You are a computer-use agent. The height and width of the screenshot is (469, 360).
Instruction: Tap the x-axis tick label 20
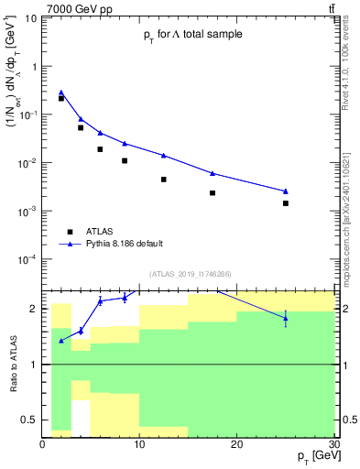237,443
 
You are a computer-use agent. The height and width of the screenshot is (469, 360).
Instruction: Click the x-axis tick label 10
139,443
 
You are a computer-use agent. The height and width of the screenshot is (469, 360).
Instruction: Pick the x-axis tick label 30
333,443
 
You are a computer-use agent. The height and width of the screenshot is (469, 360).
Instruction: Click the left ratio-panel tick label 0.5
29,420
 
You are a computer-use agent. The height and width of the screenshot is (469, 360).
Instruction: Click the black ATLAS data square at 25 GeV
286,203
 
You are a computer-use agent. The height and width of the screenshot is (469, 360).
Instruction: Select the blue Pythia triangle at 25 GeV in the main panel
286,191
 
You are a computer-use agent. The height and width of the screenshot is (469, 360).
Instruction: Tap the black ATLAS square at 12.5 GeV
164,180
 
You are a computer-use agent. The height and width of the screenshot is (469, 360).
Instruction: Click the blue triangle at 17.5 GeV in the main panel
213,173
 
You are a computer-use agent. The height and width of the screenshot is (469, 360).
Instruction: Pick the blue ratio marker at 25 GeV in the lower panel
286,318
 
